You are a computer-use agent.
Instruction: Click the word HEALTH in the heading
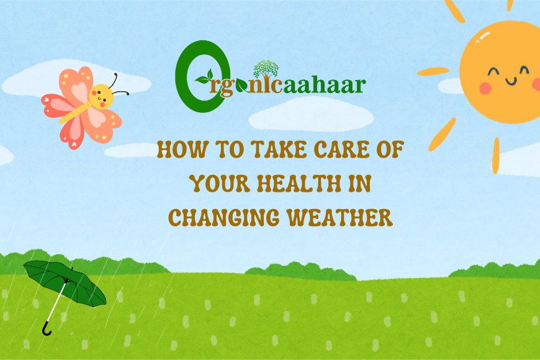point(299,183)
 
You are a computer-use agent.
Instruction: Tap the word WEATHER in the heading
point(340,217)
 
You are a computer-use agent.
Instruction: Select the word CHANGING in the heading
point(224,217)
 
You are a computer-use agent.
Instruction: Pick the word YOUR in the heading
point(220,183)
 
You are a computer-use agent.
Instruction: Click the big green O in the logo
point(202,76)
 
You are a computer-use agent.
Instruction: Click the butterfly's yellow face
point(101,96)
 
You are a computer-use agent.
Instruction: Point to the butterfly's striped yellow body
point(76,112)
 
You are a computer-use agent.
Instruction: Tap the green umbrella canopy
point(65,282)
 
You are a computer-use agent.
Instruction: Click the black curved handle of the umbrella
point(47,329)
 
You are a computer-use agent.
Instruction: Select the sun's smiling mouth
point(511,82)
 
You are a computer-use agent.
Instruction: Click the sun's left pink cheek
point(485,88)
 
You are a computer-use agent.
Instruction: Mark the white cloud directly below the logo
point(311,115)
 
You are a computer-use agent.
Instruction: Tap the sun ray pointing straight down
point(495,156)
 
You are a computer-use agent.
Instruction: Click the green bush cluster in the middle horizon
point(300,271)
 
